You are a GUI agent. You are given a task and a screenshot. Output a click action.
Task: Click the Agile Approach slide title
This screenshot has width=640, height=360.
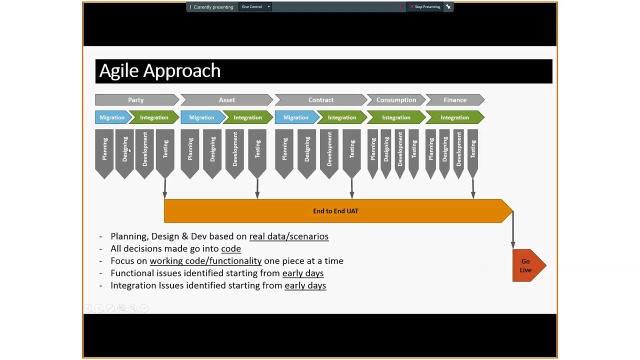pos(160,71)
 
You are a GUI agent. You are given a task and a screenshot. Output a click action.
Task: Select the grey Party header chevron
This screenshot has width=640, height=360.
pos(136,100)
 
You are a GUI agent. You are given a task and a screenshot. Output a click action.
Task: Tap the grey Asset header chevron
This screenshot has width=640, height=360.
pos(226,100)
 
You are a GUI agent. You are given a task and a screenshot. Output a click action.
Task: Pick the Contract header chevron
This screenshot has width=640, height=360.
pos(320,100)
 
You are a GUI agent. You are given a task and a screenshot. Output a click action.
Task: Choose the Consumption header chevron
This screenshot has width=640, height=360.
pos(396,100)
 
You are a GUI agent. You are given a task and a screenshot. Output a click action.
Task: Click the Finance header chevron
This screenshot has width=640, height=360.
pos(455,100)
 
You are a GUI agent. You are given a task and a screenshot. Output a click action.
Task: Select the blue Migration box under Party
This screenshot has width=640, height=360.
pos(112,117)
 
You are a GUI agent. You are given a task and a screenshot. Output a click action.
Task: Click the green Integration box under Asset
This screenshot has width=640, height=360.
pos(247,117)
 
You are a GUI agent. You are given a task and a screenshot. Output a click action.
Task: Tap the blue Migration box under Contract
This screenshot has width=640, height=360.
pos(296,117)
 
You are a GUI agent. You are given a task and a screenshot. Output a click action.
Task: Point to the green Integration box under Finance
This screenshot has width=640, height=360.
pos(454,117)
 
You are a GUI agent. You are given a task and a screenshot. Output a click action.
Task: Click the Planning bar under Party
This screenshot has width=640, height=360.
pos(104,150)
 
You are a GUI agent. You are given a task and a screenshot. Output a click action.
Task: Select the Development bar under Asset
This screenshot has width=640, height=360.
pos(234,150)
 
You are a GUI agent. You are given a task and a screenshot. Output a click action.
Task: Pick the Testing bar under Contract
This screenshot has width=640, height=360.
pos(352,150)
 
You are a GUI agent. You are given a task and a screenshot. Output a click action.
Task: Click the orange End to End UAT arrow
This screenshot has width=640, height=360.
pos(335,211)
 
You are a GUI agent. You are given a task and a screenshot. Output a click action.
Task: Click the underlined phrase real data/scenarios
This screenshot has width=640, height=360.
pos(288,236)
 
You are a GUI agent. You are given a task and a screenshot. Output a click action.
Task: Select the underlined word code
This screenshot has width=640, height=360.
pos(230,248)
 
